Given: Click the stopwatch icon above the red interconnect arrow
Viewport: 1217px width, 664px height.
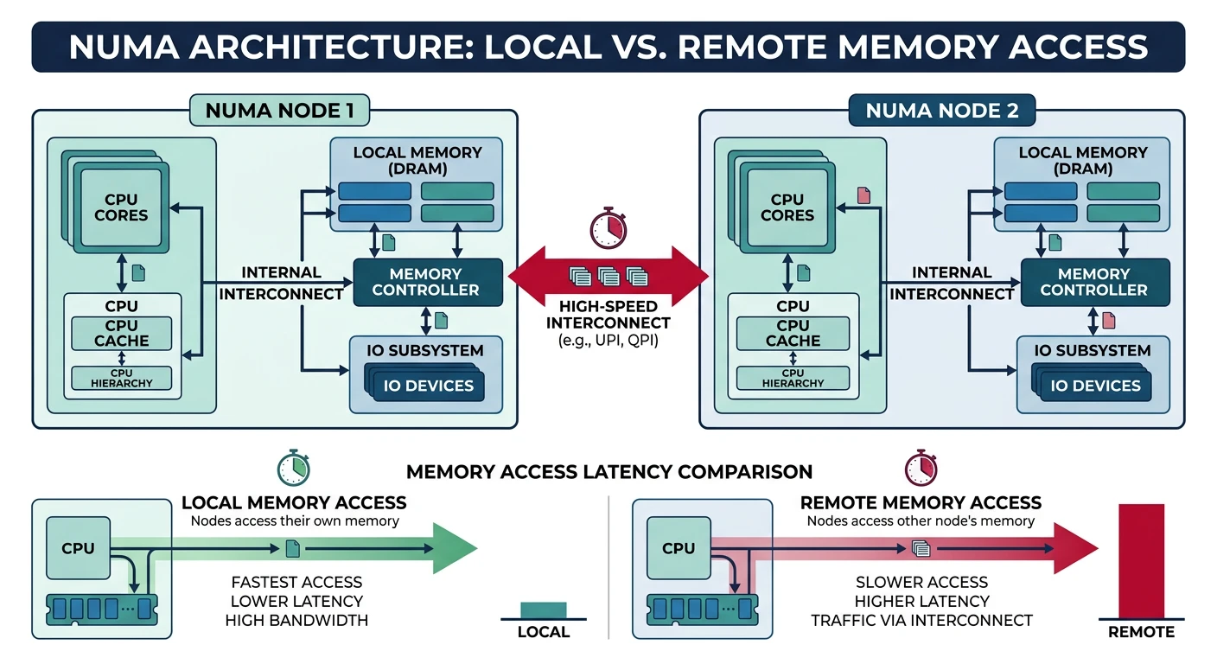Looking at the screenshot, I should (608, 227).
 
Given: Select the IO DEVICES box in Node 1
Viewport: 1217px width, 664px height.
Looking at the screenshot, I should (426, 386).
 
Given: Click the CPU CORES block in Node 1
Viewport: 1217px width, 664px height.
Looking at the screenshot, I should (121, 207).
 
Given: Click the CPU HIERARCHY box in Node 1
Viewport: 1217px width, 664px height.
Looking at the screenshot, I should (121, 378).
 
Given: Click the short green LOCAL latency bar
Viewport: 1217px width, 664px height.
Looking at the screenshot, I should (543, 610).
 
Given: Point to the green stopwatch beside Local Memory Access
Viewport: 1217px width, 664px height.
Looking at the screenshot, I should (292, 468).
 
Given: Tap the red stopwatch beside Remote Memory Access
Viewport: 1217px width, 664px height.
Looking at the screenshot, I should (921, 468).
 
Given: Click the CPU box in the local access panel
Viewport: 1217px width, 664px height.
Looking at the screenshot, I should (78, 548).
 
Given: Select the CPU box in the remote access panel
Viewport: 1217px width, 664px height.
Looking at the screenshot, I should (679, 548).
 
